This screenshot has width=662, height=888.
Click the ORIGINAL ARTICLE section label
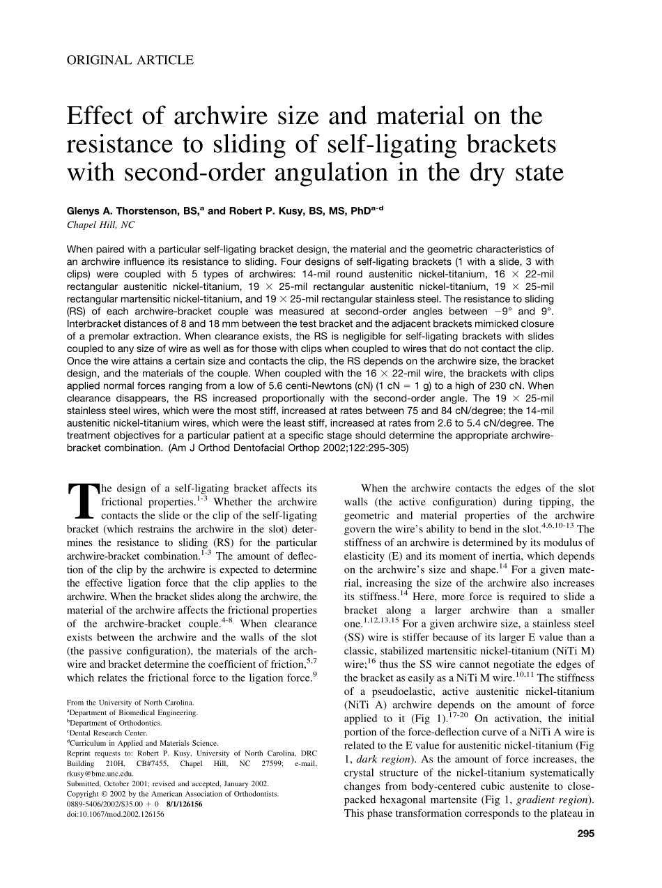(x=130, y=60)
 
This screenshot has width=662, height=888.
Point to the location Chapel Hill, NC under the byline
(x=100, y=225)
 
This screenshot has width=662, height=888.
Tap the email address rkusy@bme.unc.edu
(x=97, y=773)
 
